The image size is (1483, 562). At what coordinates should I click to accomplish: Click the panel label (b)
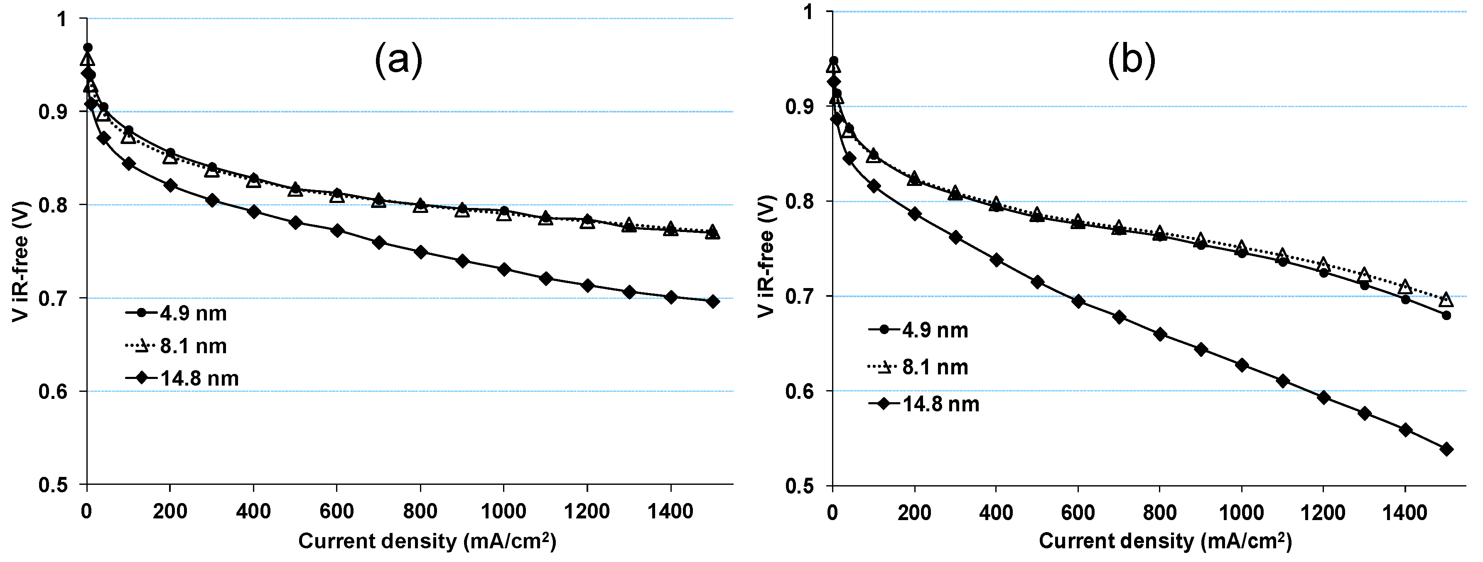[1131, 61]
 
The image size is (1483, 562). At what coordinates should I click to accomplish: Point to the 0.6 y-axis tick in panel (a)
[54, 392]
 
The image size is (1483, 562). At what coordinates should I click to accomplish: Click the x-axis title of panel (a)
[427, 541]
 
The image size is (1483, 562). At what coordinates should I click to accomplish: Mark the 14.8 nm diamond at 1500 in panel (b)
[1446, 449]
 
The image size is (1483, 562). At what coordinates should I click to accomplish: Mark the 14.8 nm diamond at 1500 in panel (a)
[712, 301]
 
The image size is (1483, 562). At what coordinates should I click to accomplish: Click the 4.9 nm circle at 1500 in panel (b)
[1446, 315]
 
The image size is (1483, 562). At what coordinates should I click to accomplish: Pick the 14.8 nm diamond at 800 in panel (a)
[420, 252]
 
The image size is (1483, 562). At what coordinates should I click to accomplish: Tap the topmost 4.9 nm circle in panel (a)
[88, 47]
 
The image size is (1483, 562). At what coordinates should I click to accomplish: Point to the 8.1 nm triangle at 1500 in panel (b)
[1446, 300]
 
